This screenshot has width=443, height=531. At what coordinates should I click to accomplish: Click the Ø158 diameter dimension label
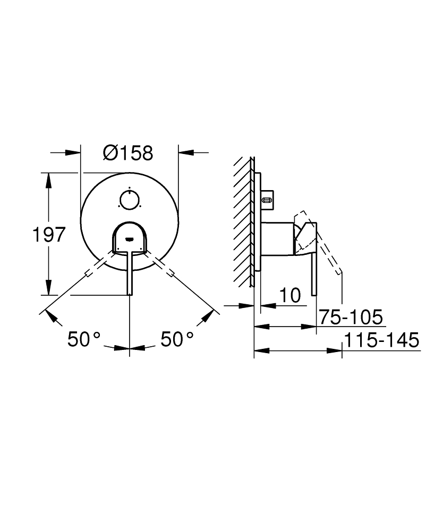coord(128,153)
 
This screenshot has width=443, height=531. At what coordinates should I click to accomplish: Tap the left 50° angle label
coord(84,339)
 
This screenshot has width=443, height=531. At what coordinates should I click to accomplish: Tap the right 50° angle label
coord(177,339)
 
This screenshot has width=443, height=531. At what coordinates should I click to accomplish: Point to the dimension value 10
coord(290,295)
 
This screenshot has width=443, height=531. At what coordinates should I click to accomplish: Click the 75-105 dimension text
coord(351,318)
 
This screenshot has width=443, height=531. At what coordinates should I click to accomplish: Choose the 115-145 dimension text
coord(381,340)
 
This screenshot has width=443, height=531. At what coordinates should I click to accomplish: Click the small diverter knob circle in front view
coord(130,200)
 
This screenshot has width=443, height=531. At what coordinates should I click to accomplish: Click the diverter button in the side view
coord(267,200)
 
